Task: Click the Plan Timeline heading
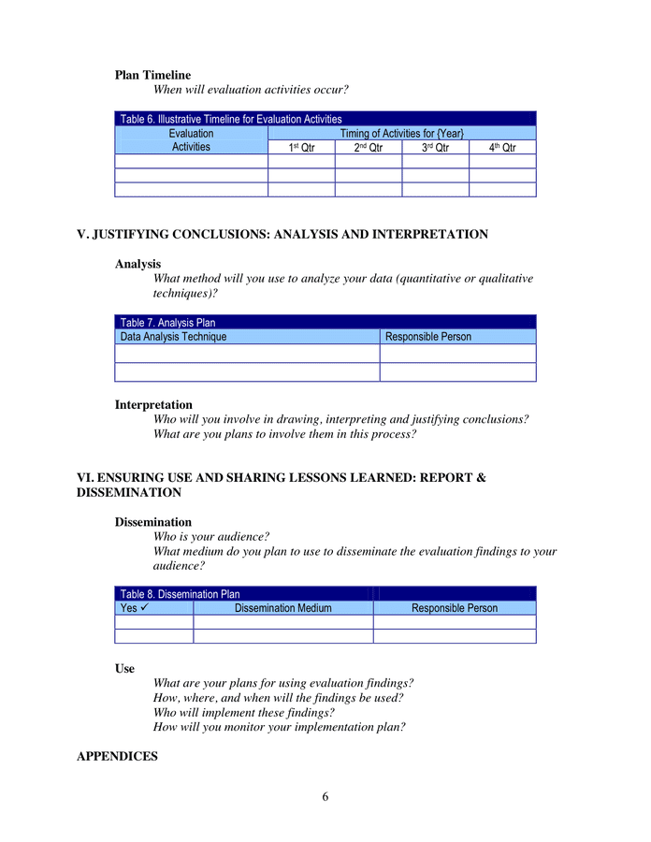[x=152, y=75]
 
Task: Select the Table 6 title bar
[x=231, y=119]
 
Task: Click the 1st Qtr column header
[x=300, y=148]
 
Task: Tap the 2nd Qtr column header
[x=368, y=148]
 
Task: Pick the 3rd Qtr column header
[x=435, y=148]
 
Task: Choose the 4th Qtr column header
[x=502, y=148]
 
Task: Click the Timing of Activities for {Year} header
[x=401, y=134]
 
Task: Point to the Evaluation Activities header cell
[x=191, y=140]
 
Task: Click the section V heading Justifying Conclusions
[x=282, y=235]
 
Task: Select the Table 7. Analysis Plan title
[x=168, y=323]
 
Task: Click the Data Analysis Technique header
[x=174, y=337]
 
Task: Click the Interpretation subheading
[x=153, y=405]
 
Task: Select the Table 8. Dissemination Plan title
[x=181, y=594]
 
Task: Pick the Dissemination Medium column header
[x=282, y=608]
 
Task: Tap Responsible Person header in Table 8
[x=455, y=608]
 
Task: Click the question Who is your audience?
[x=211, y=537]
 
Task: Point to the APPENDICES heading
[x=117, y=756]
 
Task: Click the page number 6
[x=325, y=797]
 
